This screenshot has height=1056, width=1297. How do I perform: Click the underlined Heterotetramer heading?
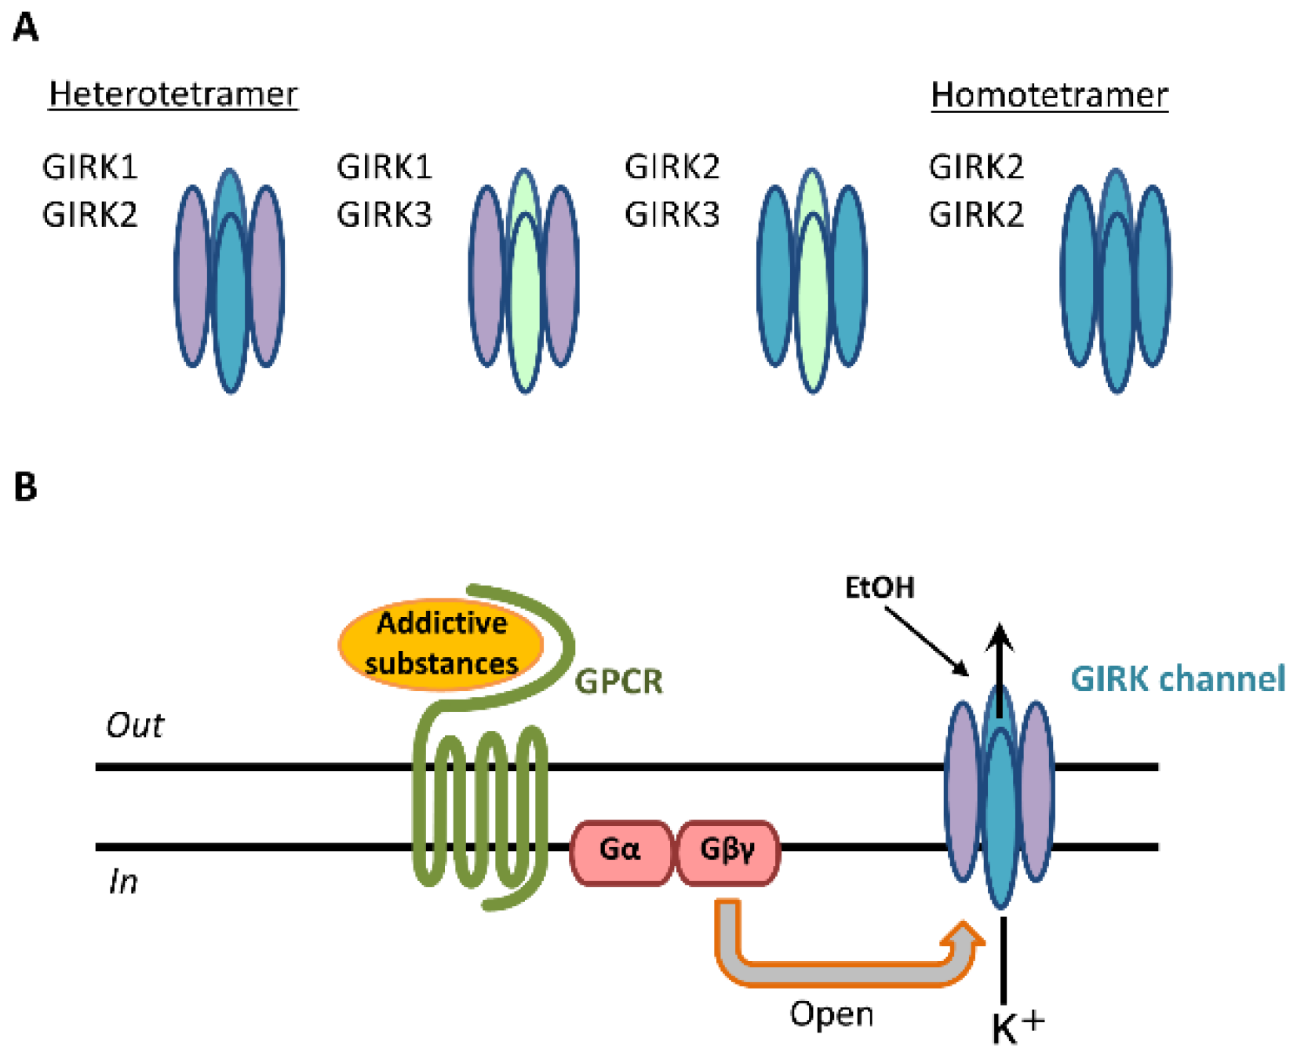coord(173,94)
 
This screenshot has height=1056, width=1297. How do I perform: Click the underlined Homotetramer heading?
coord(1049,95)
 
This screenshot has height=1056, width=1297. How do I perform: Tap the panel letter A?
coord(26,28)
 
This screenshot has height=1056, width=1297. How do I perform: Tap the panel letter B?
coord(26,487)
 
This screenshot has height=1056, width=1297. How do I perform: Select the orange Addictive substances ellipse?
coord(441,644)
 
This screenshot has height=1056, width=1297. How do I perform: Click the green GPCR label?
coord(619,681)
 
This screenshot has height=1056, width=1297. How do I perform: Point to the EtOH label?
coord(879,587)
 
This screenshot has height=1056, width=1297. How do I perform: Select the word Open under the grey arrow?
coord(831,1014)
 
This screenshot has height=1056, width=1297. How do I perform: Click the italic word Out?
coord(135,725)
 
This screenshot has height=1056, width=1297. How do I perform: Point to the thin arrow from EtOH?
coord(927,641)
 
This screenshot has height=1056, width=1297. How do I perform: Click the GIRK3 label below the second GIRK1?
coord(384,214)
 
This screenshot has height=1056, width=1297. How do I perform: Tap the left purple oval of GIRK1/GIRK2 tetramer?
coord(191,275)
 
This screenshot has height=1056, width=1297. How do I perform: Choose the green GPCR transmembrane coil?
coord(479,809)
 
